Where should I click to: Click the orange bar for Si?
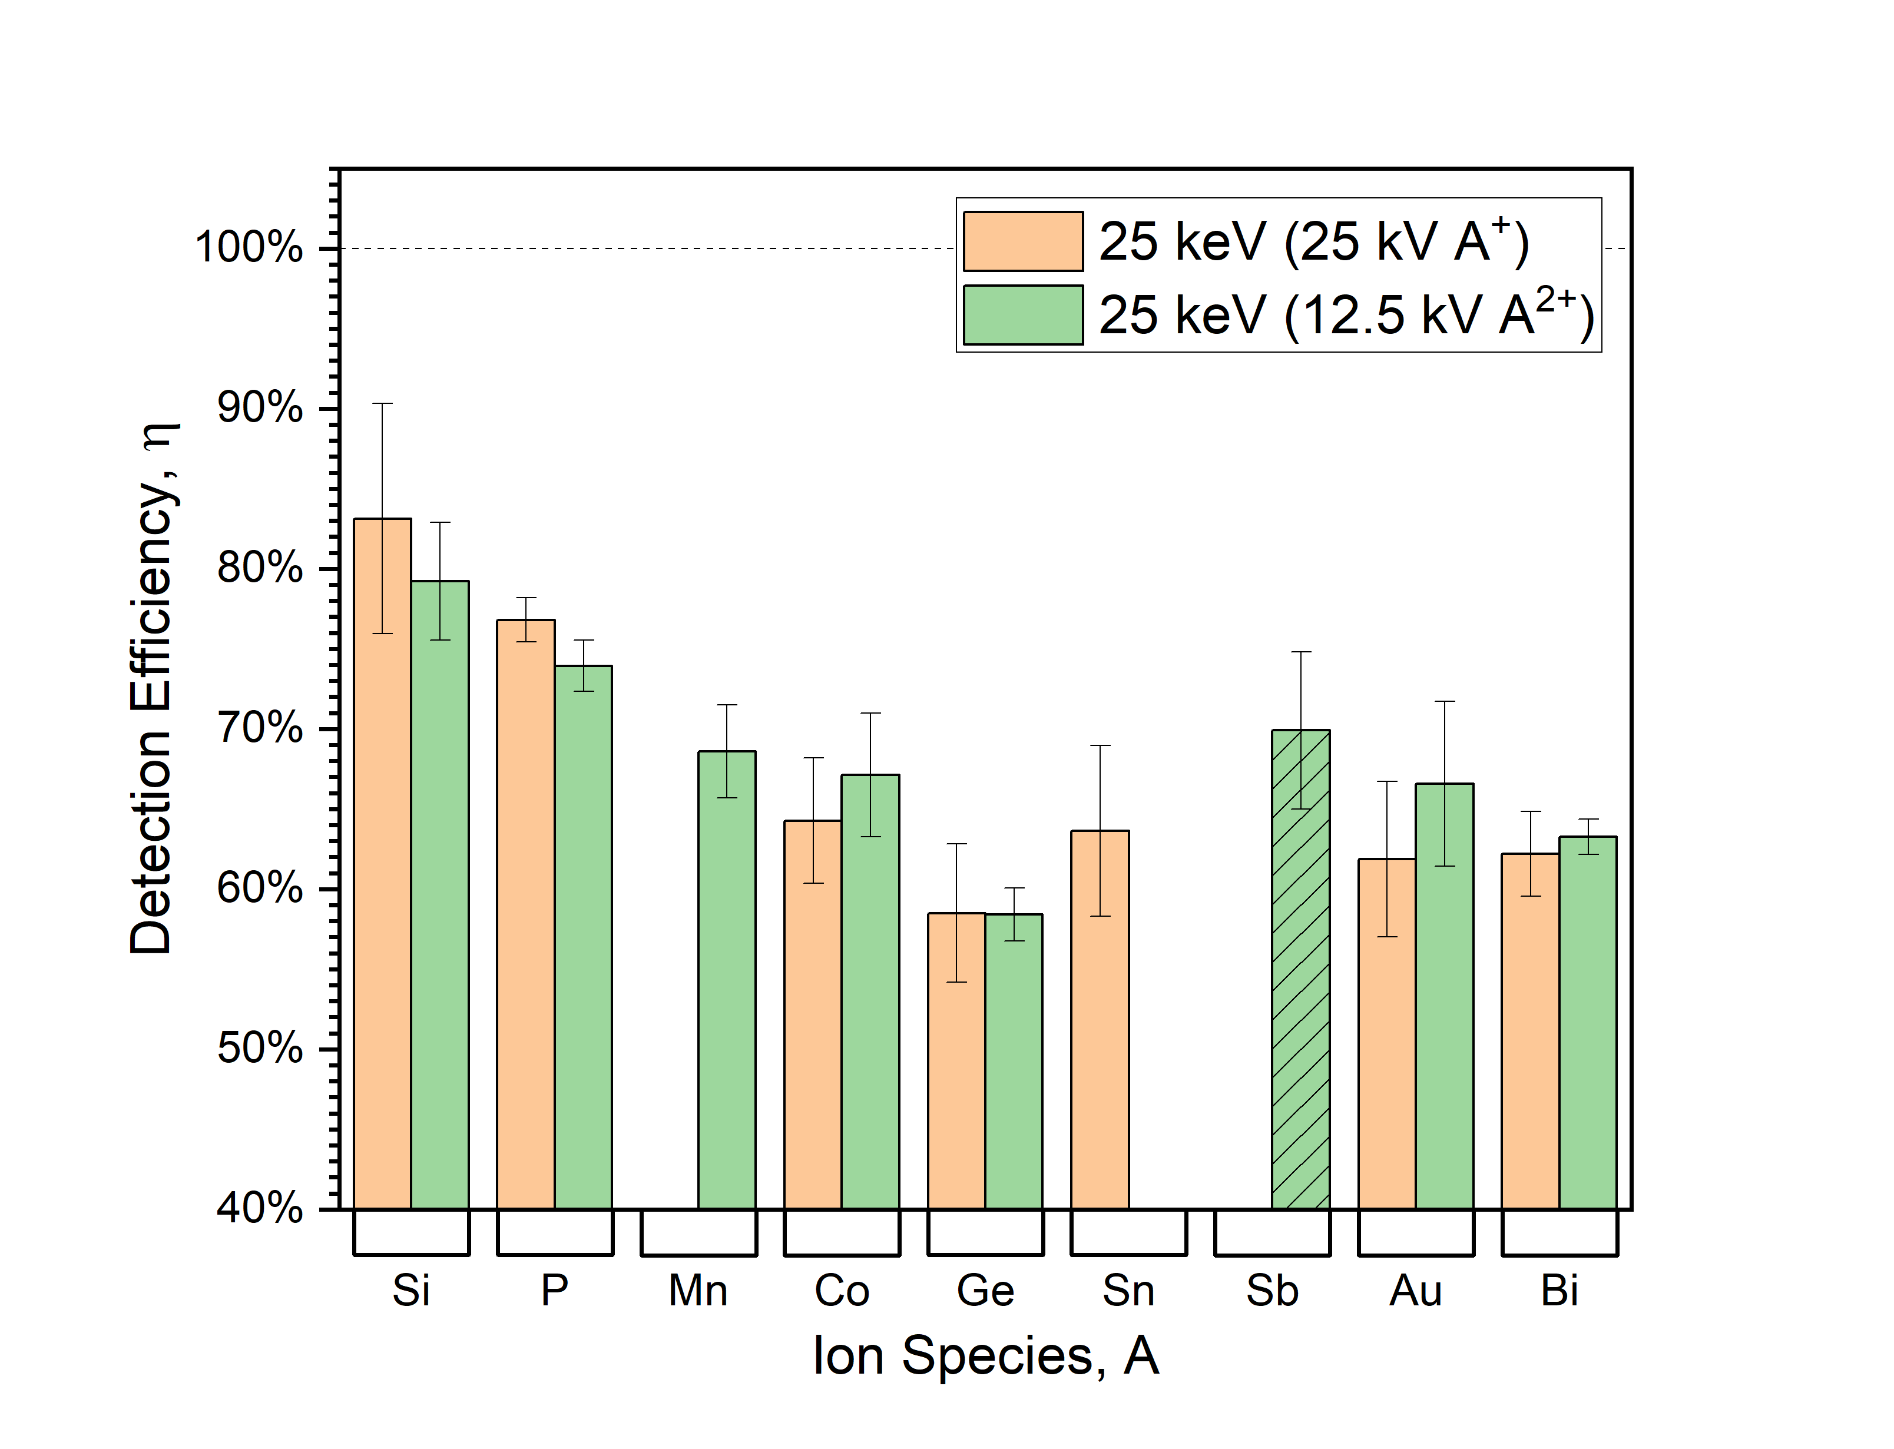[x=382, y=863]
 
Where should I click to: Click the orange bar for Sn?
[x=1100, y=1019]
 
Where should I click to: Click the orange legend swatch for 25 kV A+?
[x=1023, y=241]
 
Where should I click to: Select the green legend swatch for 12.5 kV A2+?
[x=1023, y=315]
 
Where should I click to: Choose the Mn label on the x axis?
[x=698, y=1291]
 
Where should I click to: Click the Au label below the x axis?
[x=1415, y=1291]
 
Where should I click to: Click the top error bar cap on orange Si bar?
[x=382, y=404]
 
